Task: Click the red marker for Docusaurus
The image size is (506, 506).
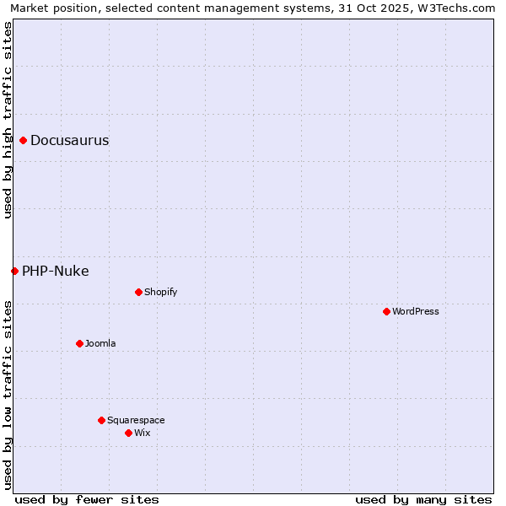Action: click(24, 140)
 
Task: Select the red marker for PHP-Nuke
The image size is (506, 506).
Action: click(14, 271)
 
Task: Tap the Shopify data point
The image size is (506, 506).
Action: click(138, 292)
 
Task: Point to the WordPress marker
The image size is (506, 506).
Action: click(386, 311)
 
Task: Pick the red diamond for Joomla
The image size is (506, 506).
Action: click(79, 343)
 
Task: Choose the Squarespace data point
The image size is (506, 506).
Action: click(101, 420)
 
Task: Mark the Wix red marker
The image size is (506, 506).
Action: click(128, 433)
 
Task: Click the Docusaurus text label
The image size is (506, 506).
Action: click(70, 140)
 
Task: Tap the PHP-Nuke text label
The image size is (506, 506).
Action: click(56, 271)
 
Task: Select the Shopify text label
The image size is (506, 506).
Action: click(160, 292)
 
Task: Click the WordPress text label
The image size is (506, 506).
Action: click(416, 311)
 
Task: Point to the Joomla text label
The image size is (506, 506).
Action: click(100, 343)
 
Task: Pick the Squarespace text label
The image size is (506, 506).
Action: click(136, 420)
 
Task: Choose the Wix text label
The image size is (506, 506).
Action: click(142, 433)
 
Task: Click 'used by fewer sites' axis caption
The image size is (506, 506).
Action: click(87, 499)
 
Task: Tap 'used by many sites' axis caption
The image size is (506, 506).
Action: click(423, 499)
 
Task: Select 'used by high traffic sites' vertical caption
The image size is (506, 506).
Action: click(8, 120)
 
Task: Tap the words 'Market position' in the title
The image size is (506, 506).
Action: click(50, 8)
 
